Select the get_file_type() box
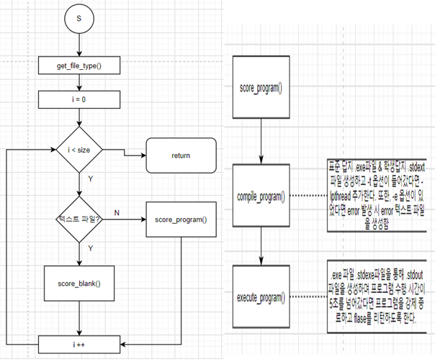click(79, 67)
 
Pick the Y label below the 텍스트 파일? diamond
click(90, 247)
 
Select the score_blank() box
click(79, 284)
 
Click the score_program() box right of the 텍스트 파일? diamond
click(181, 217)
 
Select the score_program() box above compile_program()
click(260, 89)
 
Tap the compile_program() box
click(260, 197)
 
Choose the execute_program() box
click(260, 296)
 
